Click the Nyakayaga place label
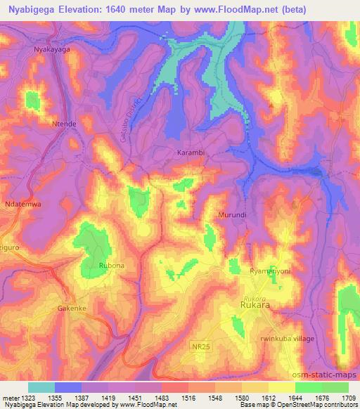click(x=53, y=50)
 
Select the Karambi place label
click(x=188, y=152)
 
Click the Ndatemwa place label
click(x=25, y=204)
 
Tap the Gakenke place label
click(x=71, y=309)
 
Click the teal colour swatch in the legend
click(x=41, y=387)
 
